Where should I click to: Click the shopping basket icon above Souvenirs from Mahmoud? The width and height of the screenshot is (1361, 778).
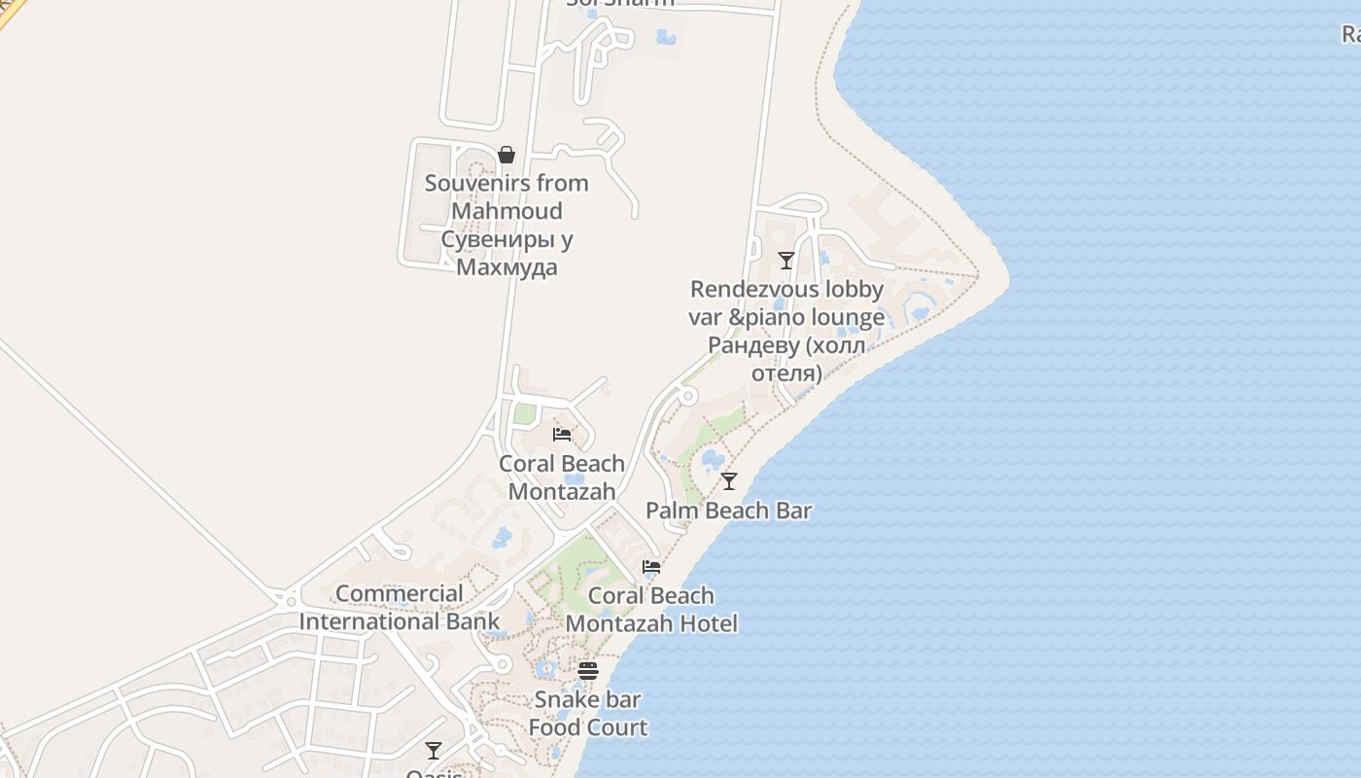506,155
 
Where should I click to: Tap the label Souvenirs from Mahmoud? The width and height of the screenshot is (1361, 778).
506,196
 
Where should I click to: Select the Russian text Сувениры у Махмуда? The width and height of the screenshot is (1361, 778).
506,253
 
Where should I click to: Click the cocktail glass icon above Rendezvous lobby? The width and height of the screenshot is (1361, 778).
786,261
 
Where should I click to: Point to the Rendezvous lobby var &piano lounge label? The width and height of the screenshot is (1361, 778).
786,302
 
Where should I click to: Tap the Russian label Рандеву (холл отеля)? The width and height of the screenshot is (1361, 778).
786,359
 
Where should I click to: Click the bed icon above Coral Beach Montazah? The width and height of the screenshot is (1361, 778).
562,434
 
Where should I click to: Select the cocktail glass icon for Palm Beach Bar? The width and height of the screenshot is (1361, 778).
729,481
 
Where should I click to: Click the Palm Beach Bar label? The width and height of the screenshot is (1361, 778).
729,511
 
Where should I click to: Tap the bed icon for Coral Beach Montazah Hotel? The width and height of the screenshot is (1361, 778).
651,567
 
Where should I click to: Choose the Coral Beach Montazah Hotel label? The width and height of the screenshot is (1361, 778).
651,610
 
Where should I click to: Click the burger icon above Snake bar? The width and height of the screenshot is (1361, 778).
587,671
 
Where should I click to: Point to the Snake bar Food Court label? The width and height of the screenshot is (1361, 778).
587,713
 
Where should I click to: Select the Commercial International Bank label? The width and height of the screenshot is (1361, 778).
400,608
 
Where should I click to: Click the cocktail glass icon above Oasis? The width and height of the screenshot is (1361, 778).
434,751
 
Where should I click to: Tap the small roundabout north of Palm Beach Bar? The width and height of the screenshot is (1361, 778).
687,396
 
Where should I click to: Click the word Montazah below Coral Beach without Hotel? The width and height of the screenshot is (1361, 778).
562,492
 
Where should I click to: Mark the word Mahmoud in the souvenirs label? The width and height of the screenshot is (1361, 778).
506,211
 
